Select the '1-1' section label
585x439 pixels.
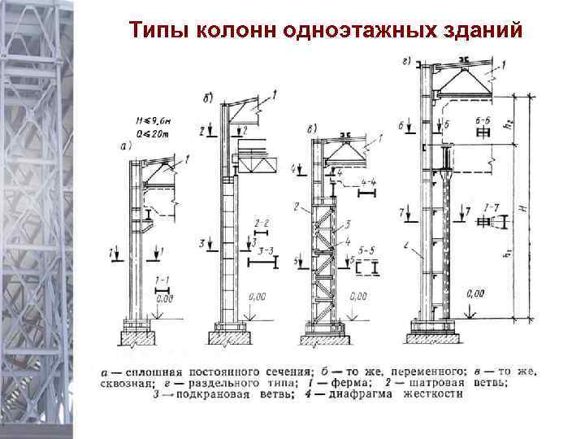click(x=162, y=278)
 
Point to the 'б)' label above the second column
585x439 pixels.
click(x=209, y=100)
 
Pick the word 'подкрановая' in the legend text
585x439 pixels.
click(x=206, y=394)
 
